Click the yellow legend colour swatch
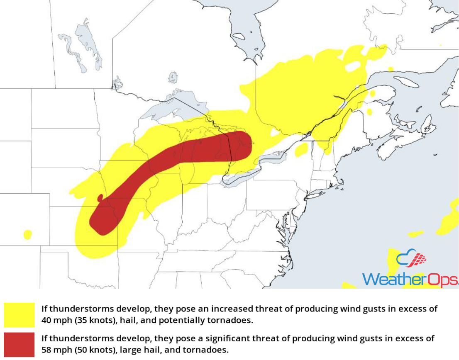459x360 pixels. (x=19, y=315)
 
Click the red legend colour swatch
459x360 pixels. (x=19, y=344)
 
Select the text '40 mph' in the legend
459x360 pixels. (x=53, y=321)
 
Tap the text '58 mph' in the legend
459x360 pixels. (x=53, y=350)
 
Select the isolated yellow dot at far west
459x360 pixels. (x=27, y=234)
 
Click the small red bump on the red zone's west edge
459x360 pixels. (x=100, y=197)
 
